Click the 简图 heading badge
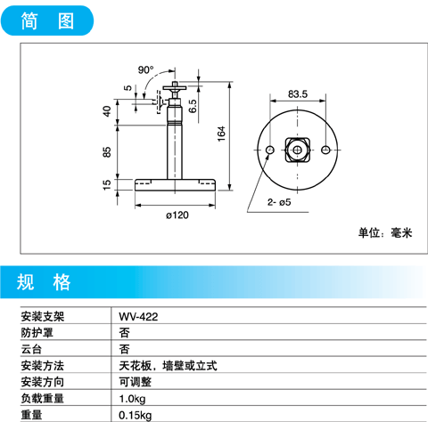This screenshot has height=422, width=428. [x=47, y=20]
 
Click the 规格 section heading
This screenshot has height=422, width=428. [x=44, y=282]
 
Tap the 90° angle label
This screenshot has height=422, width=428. [x=145, y=70]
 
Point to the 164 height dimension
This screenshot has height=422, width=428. [x=221, y=134]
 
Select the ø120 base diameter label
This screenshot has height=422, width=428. [x=177, y=215]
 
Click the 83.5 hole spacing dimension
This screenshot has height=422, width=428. [x=298, y=94]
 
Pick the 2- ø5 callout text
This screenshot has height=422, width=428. [x=279, y=202]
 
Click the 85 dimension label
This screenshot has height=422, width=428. [x=106, y=152]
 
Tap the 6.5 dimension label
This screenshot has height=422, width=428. [x=193, y=106]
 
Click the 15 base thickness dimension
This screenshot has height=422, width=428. [x=106, y=185]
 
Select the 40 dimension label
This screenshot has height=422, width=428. [x=106, y=111]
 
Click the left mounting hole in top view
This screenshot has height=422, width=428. [x=270, y=150]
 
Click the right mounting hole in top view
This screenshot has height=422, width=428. [x=325, y=150]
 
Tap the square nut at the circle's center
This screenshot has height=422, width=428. [x=297, y=150]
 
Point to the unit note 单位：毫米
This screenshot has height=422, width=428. [x=385, y=232]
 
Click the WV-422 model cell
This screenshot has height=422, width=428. [x=138, y=317]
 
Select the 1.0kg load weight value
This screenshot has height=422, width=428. [x=132, y=399]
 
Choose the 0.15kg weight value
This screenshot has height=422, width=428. [x=136, y=415]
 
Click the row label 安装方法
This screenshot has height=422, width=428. [x=43, y=366]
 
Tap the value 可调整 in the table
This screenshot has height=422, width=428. [x=136, y=382]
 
